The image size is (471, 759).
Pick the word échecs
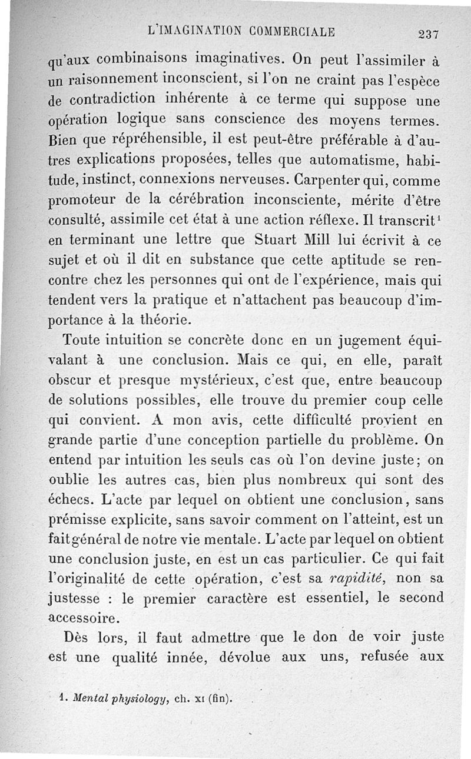[69, 500]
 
